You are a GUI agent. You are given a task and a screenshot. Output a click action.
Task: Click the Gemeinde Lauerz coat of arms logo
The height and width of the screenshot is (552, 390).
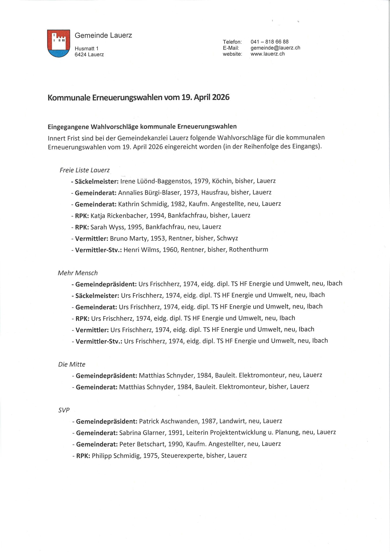58,43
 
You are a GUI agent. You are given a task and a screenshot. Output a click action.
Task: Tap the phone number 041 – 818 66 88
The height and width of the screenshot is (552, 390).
269,42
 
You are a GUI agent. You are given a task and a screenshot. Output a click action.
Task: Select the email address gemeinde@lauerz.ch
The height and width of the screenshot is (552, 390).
275,48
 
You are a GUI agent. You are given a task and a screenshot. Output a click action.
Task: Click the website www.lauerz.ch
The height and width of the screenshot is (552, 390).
267,54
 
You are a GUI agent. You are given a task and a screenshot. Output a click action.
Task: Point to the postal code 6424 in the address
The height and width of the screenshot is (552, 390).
81,54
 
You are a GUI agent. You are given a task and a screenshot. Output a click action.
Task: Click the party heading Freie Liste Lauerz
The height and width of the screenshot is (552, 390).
85,170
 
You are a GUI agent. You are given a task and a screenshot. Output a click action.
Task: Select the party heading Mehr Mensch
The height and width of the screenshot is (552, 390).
78,273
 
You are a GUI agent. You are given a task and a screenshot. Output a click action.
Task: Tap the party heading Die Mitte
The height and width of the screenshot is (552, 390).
72,364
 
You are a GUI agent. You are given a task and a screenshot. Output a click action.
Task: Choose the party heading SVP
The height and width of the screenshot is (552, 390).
64,410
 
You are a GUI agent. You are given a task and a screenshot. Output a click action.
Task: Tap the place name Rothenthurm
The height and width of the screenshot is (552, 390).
248,250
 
